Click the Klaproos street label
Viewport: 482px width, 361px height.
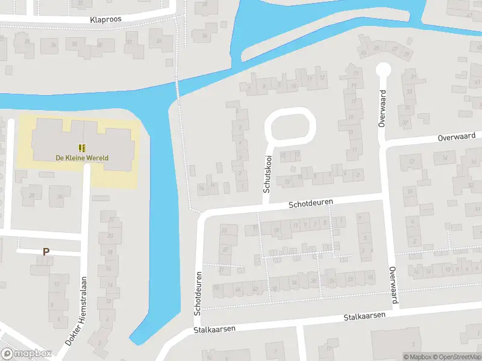tap(106, 19)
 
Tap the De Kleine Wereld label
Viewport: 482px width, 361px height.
tap(82, 158)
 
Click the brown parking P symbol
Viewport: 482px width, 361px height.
tap(45, 252)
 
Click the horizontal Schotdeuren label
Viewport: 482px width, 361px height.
tap(311, 205)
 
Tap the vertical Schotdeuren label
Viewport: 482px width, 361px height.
tap(198, 293)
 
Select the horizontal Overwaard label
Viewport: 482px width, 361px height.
tap(457, 137)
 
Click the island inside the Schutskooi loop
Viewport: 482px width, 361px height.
tap(290, 127)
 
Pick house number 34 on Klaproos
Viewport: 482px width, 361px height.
tap(160, 41)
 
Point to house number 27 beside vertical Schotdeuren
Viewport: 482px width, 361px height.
tap(225, 249)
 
